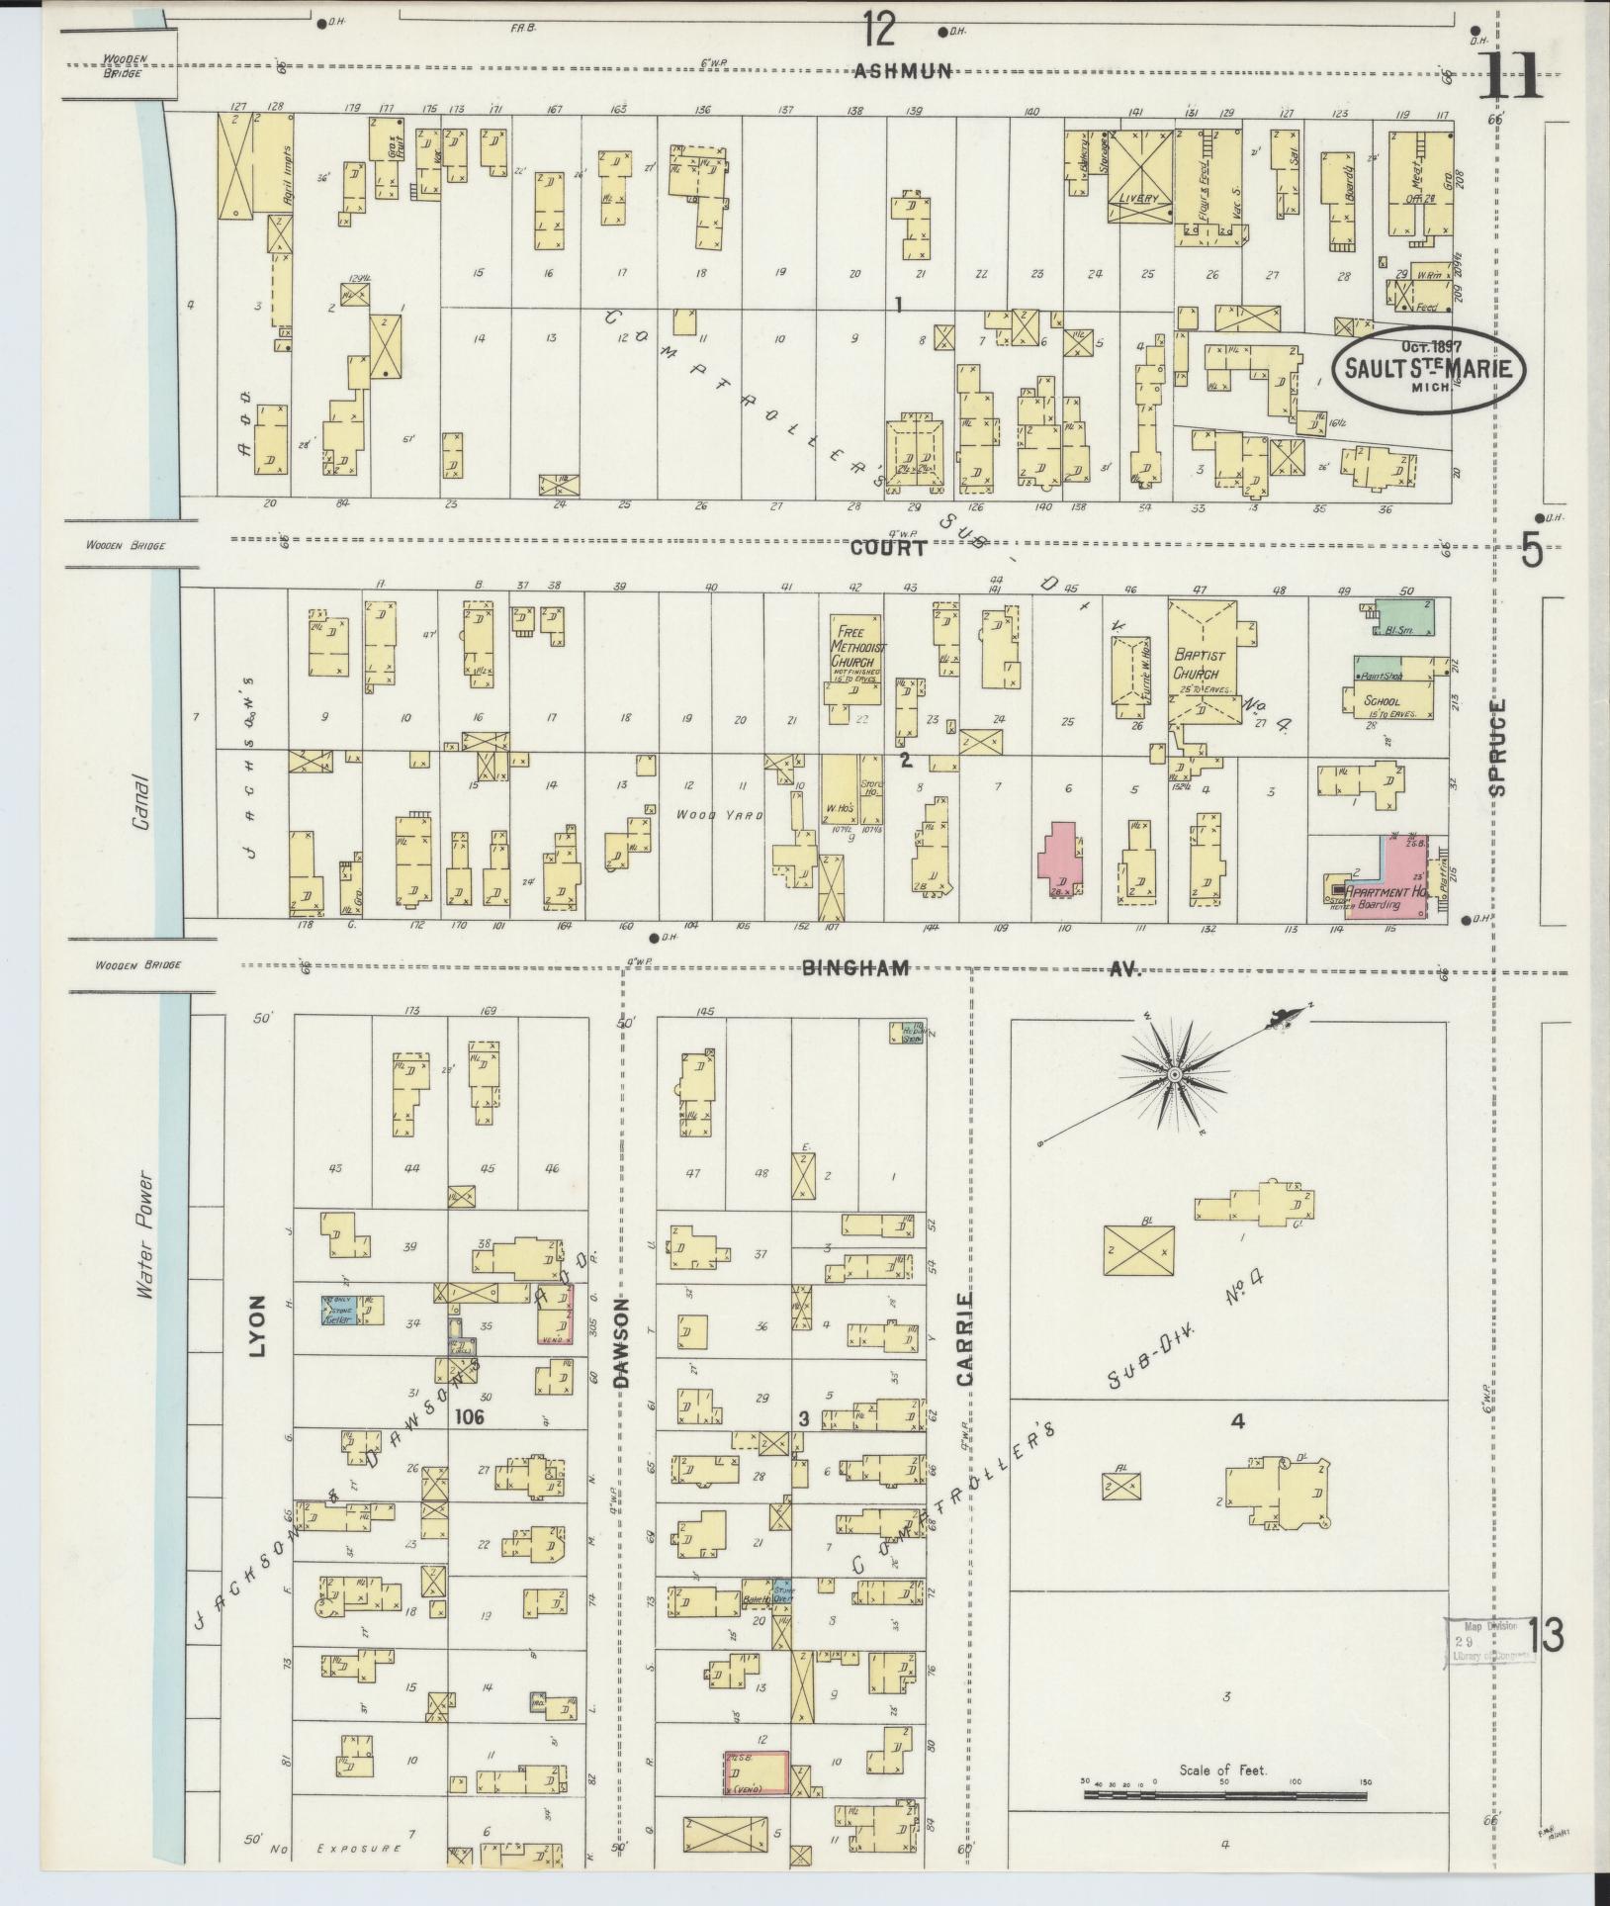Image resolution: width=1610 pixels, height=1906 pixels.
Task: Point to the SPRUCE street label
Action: click(1497, 748)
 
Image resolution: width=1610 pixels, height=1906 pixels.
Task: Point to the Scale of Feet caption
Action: click(1222, 1770)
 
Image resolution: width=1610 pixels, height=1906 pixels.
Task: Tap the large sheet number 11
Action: click(1510, 75)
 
